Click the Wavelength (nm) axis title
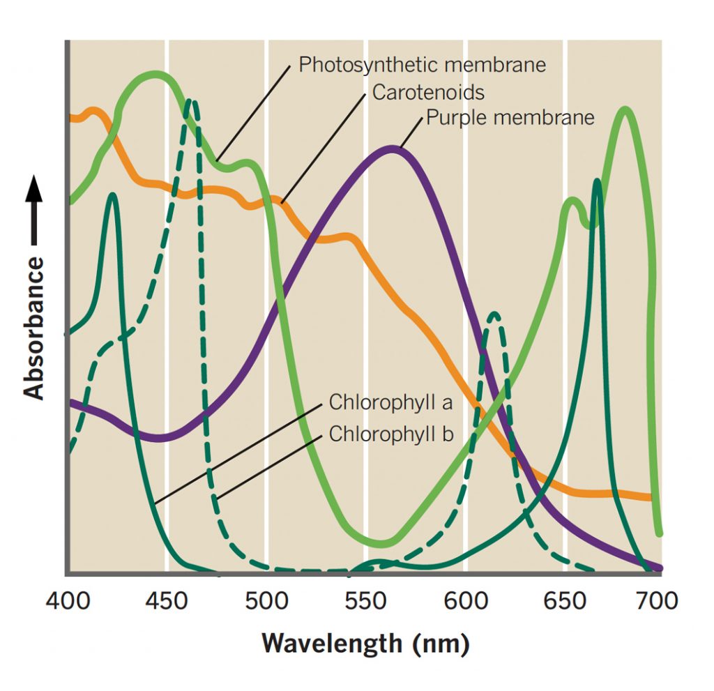(x=365, y=642)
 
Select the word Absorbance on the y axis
(x=34, y=328)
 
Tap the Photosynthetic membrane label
(x=422, y=65)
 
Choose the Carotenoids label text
(x=427, y=91)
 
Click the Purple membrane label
(x=510, y=116)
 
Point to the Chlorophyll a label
(x=390, y=402)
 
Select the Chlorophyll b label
(x=391, y=434)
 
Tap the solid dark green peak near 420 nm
(x=112, y=195)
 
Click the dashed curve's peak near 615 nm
(x=494, y=314)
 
